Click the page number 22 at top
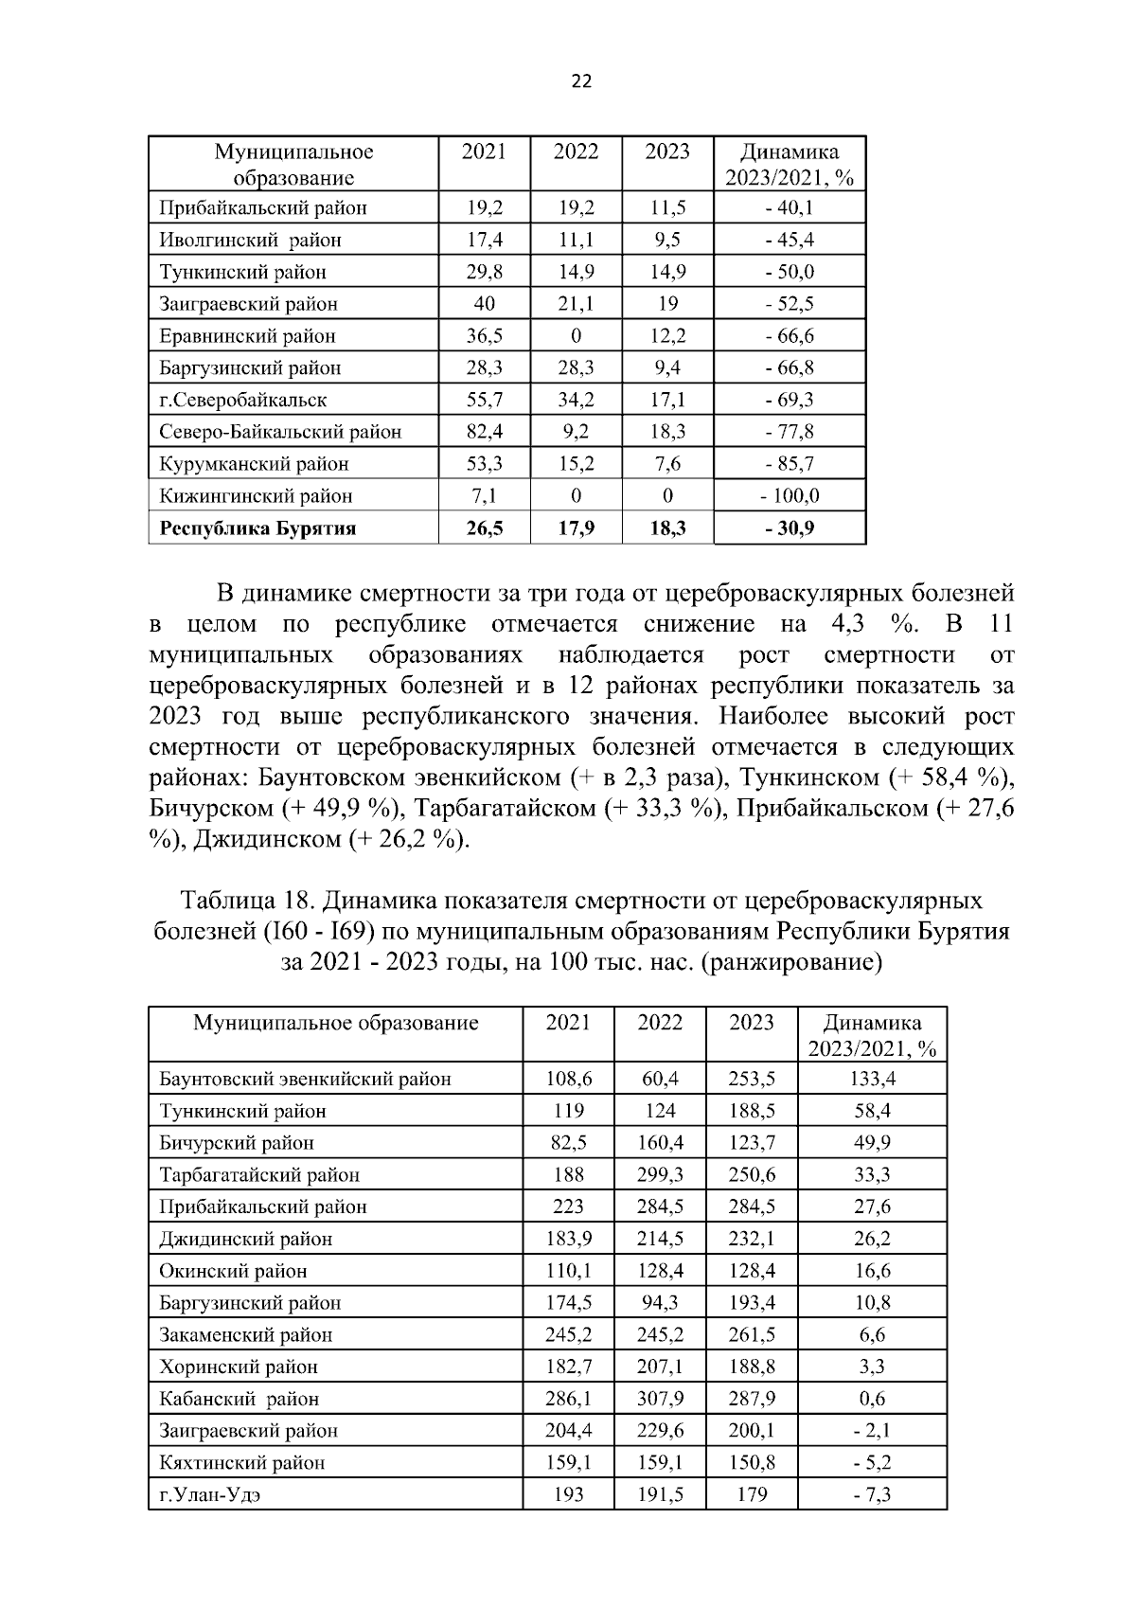[x=581, y=81]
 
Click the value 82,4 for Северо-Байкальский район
[x=484, y=432]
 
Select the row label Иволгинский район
[x=250, y=241]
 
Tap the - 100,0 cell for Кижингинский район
[x=790, y=495]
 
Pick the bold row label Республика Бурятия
[x=257, y=528]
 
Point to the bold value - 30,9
[x=790, y=528]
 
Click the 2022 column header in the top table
[x=576, y=152]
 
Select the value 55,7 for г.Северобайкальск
[x=484, y=400]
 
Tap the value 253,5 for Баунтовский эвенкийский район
[x=752, y=1079]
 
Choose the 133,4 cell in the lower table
[x=873, y=1079]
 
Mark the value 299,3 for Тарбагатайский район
[x=660, y=1175]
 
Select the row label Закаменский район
[x=246, y=1335]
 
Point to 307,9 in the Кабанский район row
[x=660, y=1399]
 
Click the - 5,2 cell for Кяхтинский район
[x=873, y=1462]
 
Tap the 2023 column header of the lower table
[x=752, y=1023]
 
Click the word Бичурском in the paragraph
[x=211, y=809]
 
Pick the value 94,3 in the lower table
[x=660, y=1303]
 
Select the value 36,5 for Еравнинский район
[x=484, y=336]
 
